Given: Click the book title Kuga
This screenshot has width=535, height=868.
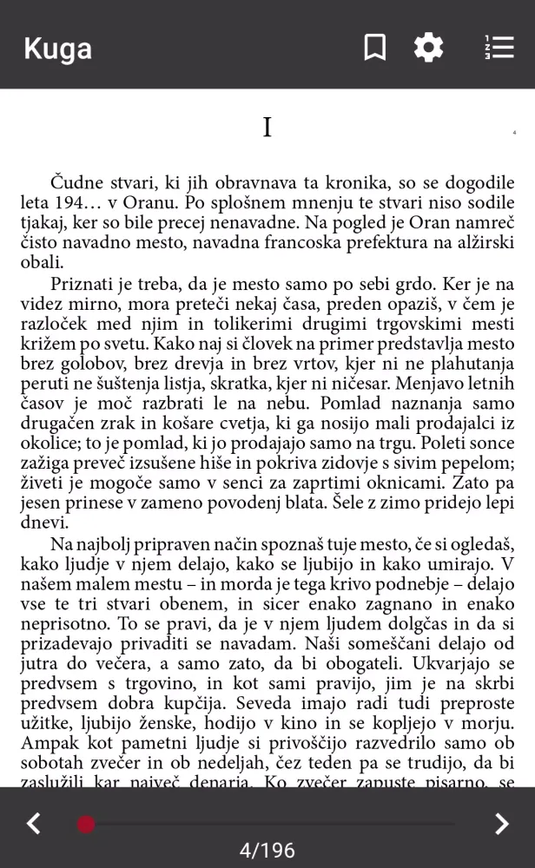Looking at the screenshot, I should coord(57,48).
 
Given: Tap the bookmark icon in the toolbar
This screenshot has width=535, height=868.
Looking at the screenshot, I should coord(374,47).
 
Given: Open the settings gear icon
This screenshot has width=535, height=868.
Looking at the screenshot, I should coord(428,47).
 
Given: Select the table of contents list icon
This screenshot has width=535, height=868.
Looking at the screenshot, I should coord(499,47).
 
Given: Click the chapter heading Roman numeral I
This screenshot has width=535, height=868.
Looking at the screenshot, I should coord(267,128).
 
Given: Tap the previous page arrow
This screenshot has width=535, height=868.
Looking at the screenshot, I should coord(33,823).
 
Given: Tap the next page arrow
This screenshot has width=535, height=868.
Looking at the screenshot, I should coord(501,823).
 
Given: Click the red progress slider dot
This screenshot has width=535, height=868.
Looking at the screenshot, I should coord(86,824).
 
